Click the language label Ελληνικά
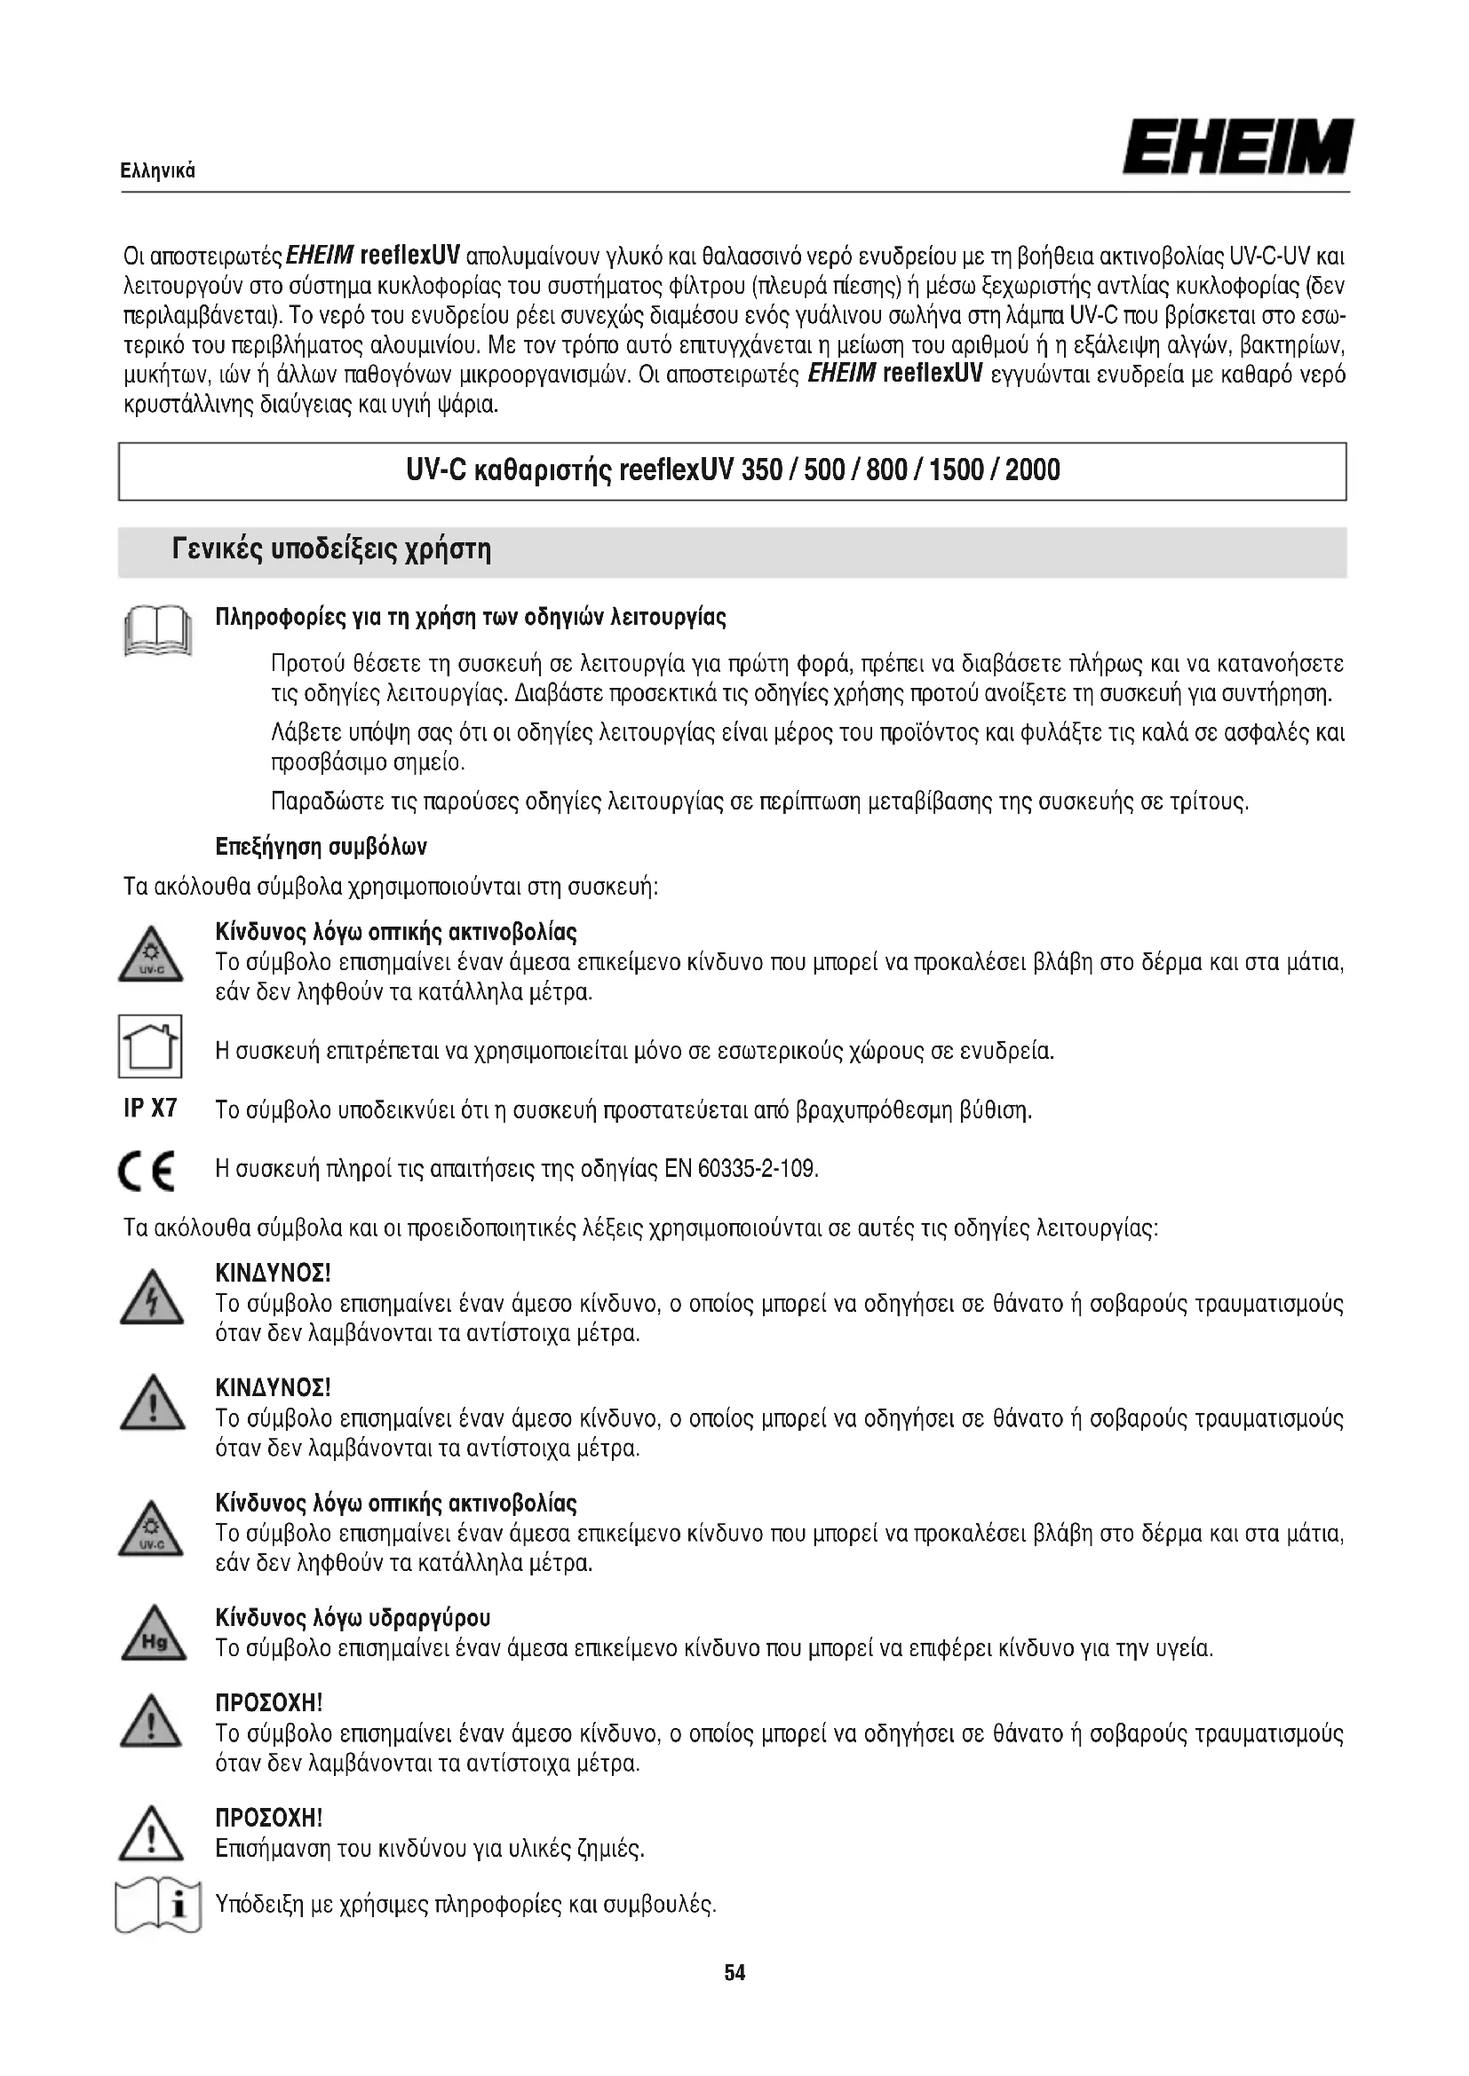pyautogui.click(x=158, y=171)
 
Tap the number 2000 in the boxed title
pyautogui.click(x=1032, y=470)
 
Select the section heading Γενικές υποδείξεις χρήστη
pyautogui.click(x=331, y=549)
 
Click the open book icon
pyautogui.click(x=157, y=629)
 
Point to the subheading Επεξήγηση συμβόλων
pyautogui.click(x=322, y=848)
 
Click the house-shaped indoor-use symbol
pyautogui.click(x=150, y=1046)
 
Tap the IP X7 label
pyautogui.click(x=150, y=1109)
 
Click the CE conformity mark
pyautogui.click(x=147, y=1172)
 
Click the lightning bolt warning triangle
pyautogui.click(x=151, y=1301)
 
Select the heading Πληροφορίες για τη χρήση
pyautogui.click(x=471, y=618)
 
